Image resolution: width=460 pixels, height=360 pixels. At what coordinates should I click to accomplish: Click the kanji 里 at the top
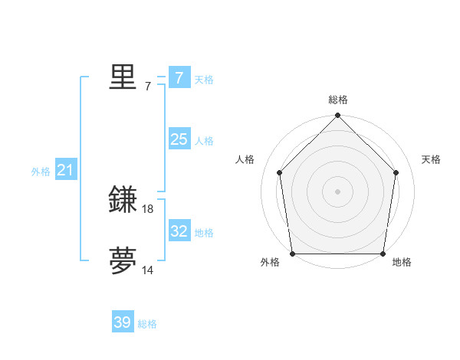pos(123,77)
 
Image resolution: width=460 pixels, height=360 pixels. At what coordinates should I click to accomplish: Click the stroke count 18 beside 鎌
pos(148,208)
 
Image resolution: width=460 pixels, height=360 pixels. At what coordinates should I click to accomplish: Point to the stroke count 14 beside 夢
pos(148,270)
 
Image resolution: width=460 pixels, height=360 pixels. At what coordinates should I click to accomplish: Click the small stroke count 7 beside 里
pos(148,87)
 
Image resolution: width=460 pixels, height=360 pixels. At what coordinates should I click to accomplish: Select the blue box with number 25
pos(179,139)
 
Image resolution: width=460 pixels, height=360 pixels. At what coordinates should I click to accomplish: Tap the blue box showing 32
pos(179,231)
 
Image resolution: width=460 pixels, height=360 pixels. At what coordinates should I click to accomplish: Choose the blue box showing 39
pos(123,322)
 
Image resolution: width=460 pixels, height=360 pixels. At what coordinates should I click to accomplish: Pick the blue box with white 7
pos(179,78)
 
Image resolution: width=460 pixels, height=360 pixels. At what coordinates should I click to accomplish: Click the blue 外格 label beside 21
pos(41,172)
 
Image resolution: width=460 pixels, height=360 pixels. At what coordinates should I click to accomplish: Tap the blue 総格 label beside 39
pos(147,324)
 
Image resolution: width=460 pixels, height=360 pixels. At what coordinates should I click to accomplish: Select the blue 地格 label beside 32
pos(204,233)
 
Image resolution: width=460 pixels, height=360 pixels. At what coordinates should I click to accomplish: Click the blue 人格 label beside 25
pos(204,141)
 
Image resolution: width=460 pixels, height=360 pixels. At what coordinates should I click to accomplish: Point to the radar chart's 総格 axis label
pos(337,100)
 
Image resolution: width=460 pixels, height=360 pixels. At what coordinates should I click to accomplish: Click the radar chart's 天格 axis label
pos(431,159)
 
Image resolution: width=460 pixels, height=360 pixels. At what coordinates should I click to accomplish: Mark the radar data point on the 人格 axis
pos(279,172)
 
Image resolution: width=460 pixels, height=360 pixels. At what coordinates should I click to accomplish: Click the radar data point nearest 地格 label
pos(382,254)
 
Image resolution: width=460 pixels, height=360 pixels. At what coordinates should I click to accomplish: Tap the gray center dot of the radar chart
pos(337,191)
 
